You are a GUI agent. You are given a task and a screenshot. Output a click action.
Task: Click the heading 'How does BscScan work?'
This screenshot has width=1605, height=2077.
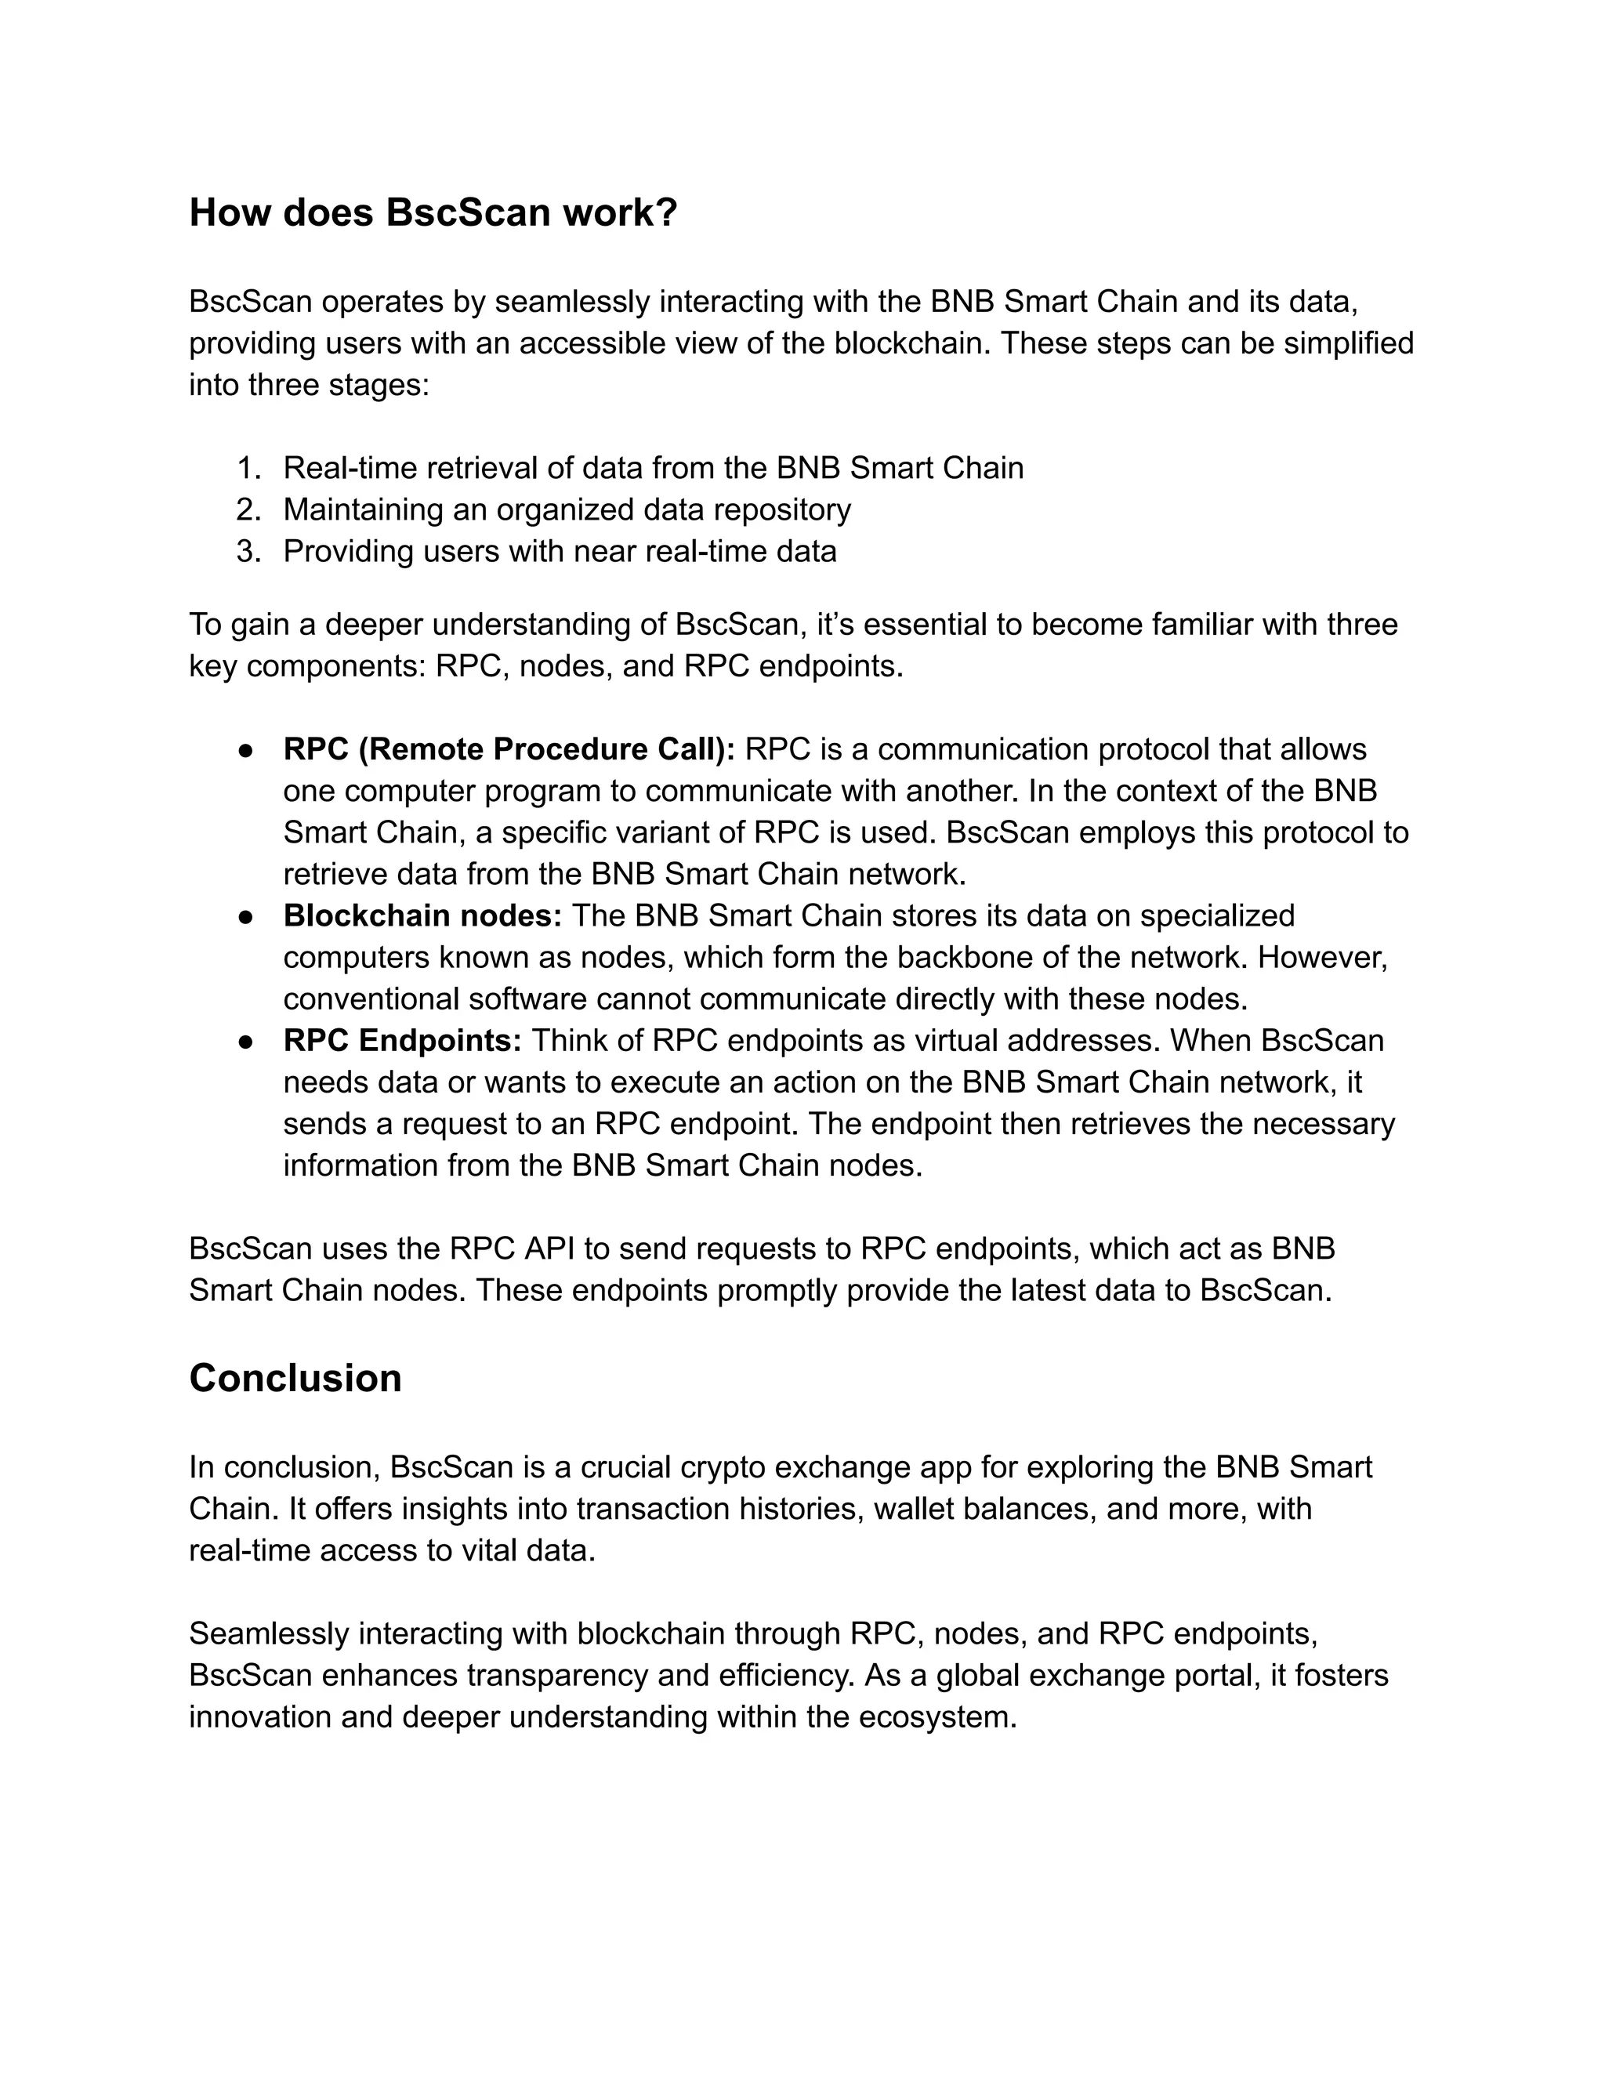click(433, 212)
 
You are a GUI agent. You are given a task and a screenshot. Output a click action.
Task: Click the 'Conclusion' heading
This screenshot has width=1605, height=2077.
click(295, 1378)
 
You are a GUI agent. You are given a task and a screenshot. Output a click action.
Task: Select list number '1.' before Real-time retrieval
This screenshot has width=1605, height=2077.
click(248, 468)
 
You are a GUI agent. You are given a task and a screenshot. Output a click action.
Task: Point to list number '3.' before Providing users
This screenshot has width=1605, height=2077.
click(248, 552)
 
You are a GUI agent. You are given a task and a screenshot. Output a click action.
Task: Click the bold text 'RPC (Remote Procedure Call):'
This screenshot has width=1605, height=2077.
click(509, 749)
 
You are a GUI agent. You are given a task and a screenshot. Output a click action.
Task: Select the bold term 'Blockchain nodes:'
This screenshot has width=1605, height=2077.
click(422, 915)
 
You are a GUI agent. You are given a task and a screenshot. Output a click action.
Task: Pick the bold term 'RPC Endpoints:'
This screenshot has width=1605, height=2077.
click(402, 1040)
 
